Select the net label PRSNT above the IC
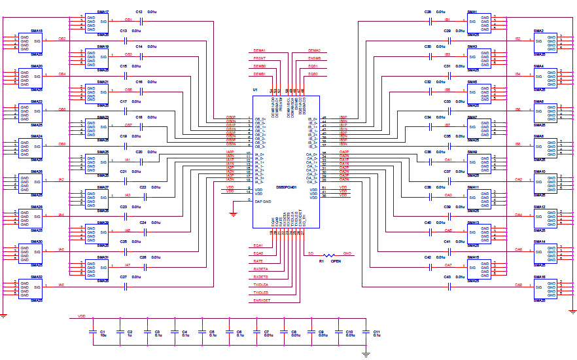coord(260,58)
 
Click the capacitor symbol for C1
coord(93,332)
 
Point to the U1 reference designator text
coord(256,90)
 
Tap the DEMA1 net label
coord(260,50)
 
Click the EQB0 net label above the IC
coord(313,74)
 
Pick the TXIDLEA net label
coord(261,285)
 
